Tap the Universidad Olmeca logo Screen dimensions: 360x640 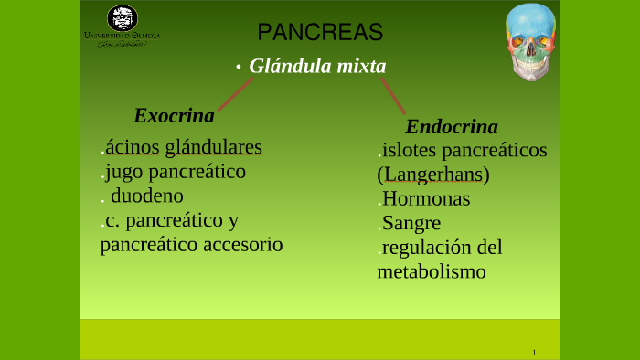click(x=122, y=26)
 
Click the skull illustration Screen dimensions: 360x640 click(x=531, y=42)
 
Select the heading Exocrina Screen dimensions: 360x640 click(x=174, y=116)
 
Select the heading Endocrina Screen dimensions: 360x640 click(x=451, y=126)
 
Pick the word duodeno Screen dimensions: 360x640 click(x=147, y=196)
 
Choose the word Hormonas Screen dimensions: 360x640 click(x=426, y=199)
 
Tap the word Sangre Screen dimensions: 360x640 click(x=411, y=223)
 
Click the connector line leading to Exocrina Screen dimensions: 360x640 click(x=235, y=94)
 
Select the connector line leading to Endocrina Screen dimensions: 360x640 click(x=392, y=95)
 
